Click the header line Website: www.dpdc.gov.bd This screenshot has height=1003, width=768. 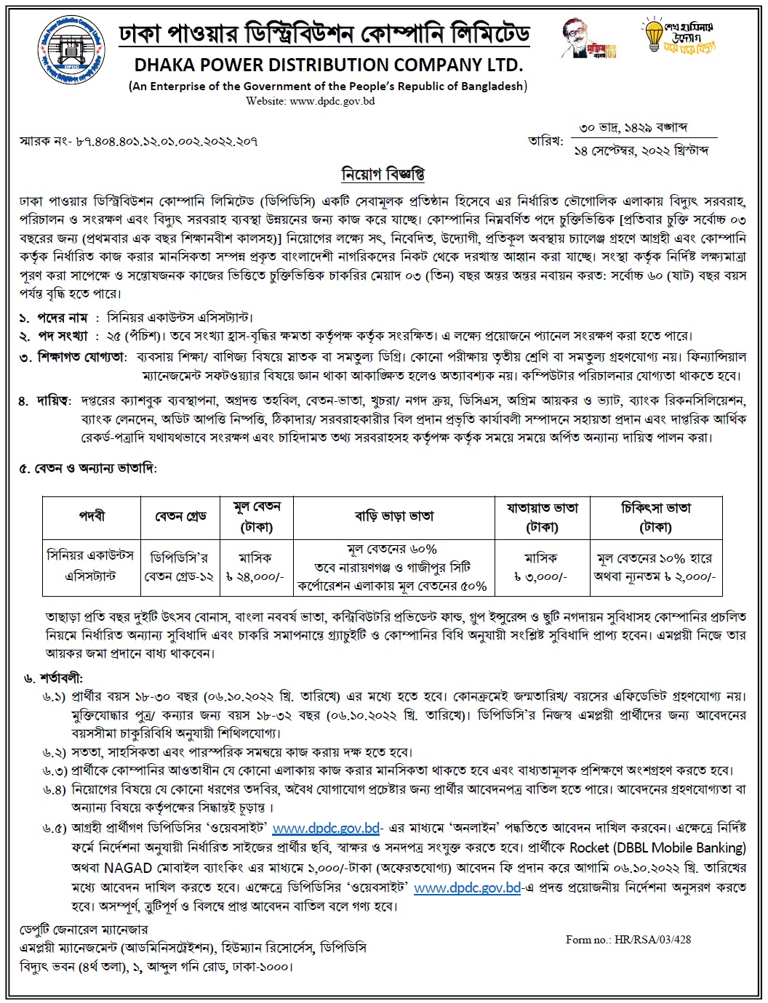pyautogui.click(x=311, y=101)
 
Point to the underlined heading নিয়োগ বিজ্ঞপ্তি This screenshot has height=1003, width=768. pyautogui.click(x=383, y=174)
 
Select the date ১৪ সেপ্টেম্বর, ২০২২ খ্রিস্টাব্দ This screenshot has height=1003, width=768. pyautogui.click(x=641, y=150)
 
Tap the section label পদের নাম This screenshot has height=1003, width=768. pyautogui.click(x=63, y=318)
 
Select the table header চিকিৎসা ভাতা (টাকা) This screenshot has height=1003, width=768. pyautogui.click(x=655, y=516)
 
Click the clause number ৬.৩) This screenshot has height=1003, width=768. pyautogui.click(x=55, y=770)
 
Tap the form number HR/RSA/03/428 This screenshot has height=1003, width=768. pyautogui.click(x=628, y=939)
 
